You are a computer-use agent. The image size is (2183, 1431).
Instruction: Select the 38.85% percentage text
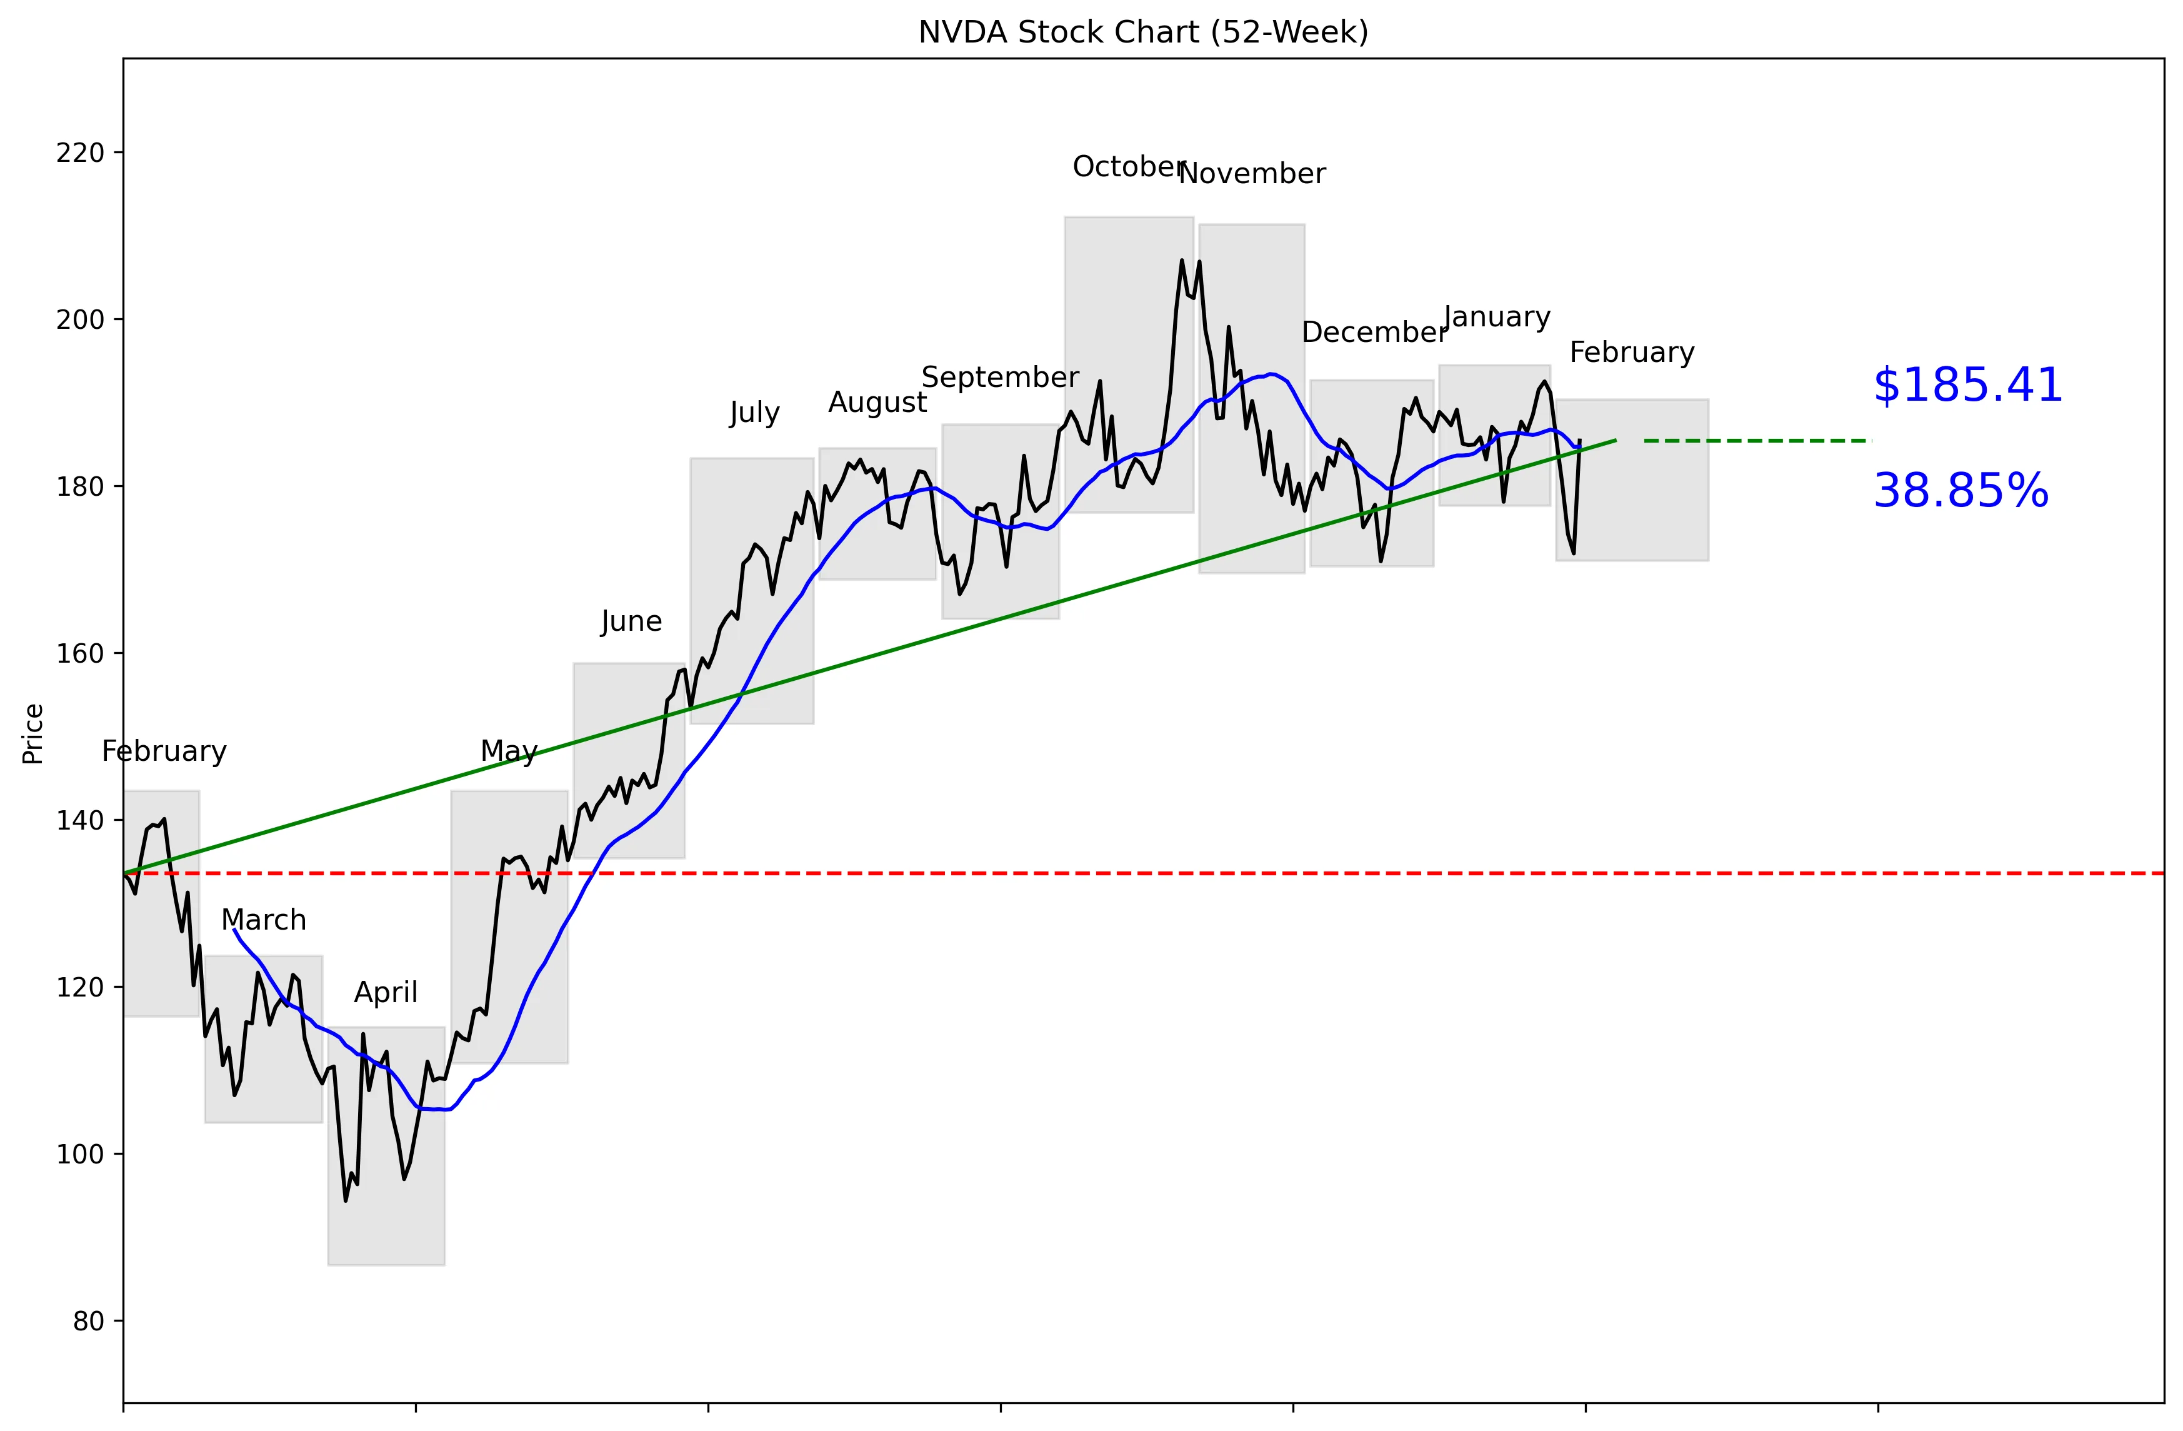coord(1960,491)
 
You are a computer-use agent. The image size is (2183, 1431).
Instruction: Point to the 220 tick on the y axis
coord(80,153)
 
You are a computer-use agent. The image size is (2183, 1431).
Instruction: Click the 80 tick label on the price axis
coord(88,1322)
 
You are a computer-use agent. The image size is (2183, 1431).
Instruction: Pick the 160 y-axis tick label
coord(80,654)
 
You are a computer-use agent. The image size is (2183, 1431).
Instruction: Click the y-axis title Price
coord(34,734)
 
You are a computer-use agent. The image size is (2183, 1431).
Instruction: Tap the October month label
coord(1128,167)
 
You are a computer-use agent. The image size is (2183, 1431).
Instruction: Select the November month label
coord(1251,174)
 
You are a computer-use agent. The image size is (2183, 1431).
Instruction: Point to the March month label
coord(263,920)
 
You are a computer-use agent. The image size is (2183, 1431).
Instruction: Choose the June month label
coord(631,622)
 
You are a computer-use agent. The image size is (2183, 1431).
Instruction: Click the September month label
coord(1000,378)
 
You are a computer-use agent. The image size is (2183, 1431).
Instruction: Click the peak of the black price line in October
coord(1181,261)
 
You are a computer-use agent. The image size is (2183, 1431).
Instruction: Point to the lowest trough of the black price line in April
coord(346,1200)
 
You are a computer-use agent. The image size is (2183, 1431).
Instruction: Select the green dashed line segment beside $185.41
coord(1757,441)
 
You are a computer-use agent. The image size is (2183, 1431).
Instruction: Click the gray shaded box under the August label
coord(877,514)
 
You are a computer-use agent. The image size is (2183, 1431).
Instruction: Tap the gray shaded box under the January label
coord(1494,436)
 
